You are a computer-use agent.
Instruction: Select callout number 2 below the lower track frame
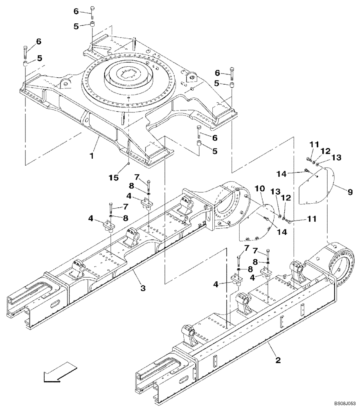tap(278, 360)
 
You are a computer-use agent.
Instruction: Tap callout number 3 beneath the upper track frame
tap(143, 288)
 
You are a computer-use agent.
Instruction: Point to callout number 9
tap(349, 191)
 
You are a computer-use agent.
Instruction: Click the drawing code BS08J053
tap(343, 403)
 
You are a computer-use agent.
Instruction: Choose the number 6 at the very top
tap(76, 11)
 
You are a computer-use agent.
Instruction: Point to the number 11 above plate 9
tap(313, 144)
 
